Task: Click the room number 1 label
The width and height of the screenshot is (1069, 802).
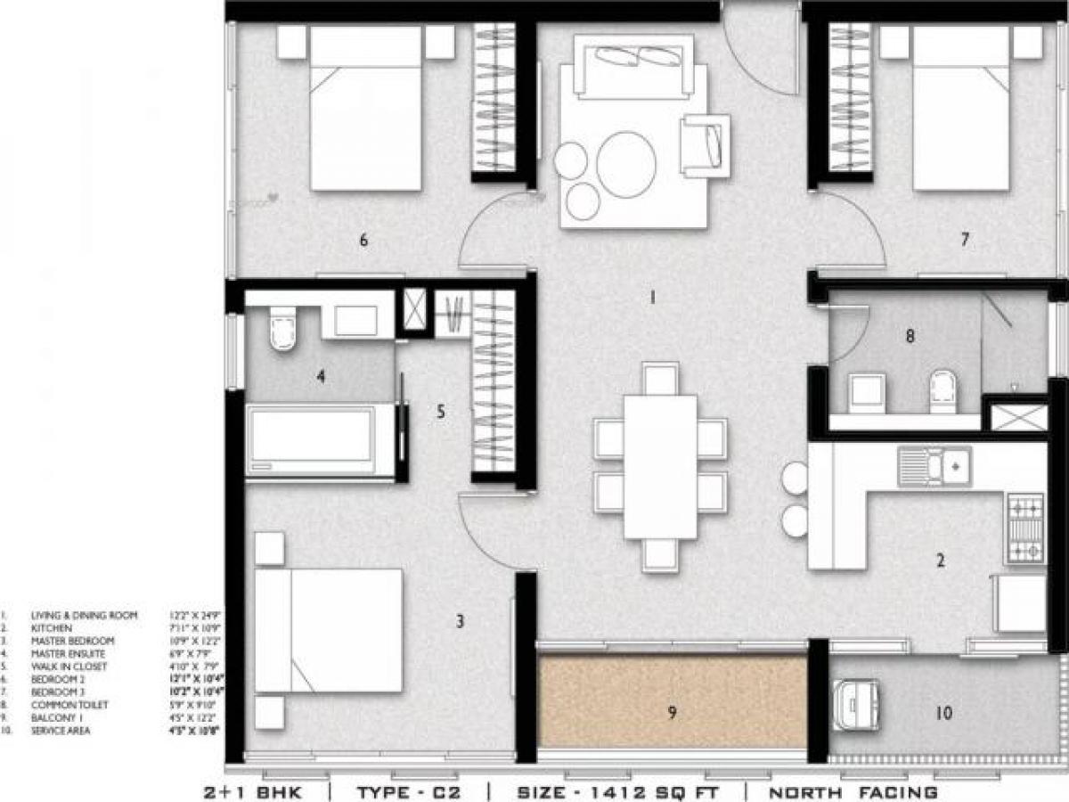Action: pos(651,298)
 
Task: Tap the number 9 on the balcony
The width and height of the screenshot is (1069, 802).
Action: pos(672,711)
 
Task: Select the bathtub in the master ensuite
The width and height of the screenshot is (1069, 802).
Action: pos(312,442)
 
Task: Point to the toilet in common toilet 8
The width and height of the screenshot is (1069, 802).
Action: pos(943,391)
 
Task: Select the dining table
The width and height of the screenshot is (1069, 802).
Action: pos(659,467)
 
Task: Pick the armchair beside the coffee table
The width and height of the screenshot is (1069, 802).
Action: pos(706,143)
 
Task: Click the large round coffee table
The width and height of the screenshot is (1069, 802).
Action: pos(626,164)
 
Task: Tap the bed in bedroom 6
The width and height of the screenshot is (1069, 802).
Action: pos(365,107)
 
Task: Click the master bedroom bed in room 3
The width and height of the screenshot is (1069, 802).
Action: pos(328,631)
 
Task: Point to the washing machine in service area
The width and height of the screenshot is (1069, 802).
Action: pos(856,707)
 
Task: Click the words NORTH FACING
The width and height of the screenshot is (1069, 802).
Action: pos(853,791)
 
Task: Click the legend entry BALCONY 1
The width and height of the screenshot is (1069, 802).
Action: pos(58,717)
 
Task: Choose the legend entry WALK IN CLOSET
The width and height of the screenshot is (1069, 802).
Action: pos(69,667)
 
